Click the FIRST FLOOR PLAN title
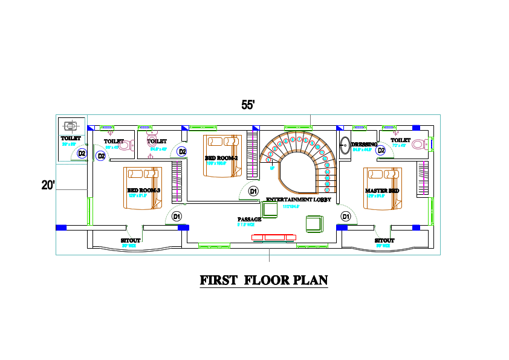pos(264,280)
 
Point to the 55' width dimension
pos(248,105)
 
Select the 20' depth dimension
pos(48,185)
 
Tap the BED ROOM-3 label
pos(144,191)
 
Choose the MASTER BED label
pos(382,191)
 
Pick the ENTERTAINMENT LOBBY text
pos(298,199)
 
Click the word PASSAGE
pos(249,219)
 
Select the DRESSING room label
pos(364,145)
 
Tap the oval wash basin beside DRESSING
pos(345,145)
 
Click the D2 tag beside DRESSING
pos(381,150)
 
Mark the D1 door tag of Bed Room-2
pos(253,191)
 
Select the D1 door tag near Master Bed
pos(346,216)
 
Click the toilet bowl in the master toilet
pos(428,144)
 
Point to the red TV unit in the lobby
pos(274,237)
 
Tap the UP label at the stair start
pos(273,168)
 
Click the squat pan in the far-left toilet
pos(71,126)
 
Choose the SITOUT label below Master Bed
pos(384,241)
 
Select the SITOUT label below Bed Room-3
pos(131,241)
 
